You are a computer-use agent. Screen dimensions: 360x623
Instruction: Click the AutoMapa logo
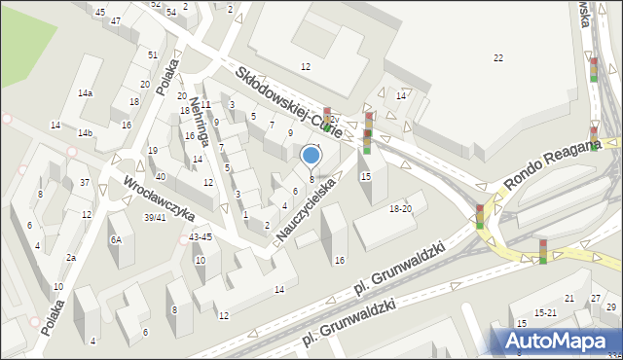tap(558, 341)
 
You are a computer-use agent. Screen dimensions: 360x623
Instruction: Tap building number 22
tap(498, 58)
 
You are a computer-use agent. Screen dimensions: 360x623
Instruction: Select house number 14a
tap(86, 92)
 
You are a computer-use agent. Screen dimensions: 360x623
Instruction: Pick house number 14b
tap(86, 132)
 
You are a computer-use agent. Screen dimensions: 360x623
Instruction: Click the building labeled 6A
tap(115, 239)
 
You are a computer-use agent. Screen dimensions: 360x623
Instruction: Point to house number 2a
tap(71, 257)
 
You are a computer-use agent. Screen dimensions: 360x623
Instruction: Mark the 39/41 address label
tap(155, 217)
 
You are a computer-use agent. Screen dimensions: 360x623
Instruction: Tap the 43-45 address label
tap(201, 237)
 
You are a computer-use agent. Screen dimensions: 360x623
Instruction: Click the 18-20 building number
tap(400, 209)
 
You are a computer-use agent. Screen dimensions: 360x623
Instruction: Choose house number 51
tap(153, 54)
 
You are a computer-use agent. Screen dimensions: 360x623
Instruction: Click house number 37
tap(86, 183)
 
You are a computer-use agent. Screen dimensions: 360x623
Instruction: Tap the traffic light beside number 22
tap(594, 70)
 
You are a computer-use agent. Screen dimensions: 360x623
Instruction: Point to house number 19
tap(153, 150)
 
